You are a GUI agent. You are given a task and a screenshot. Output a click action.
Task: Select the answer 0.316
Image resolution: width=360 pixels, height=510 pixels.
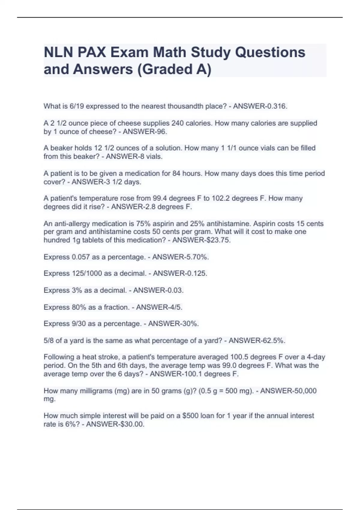[275, 106]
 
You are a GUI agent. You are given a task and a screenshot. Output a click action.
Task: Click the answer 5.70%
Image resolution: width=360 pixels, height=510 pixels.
[197, 257]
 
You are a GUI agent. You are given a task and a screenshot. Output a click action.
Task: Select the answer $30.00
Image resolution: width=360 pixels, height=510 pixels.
[132, 424]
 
